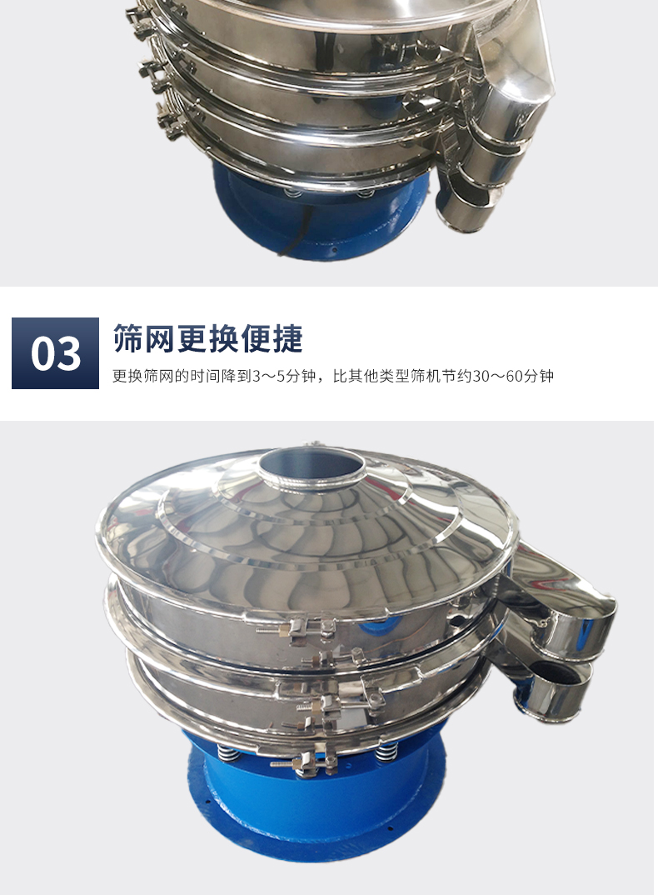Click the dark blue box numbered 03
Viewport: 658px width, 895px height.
coord(55,353)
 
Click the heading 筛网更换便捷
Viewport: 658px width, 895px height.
coord(207,338)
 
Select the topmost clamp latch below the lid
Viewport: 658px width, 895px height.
coord(296,627)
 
